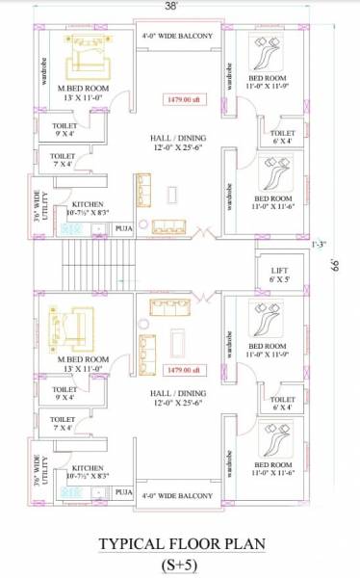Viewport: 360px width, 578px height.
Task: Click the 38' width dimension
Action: point(171,7)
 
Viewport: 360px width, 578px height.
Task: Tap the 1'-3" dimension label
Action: point(333,244)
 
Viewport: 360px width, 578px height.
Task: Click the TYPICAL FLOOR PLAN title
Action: point(179,545)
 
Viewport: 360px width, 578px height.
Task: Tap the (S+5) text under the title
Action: point(179,565)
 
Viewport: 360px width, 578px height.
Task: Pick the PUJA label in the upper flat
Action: point(123,228)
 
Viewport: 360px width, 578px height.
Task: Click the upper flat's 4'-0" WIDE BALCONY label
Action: point(177,36)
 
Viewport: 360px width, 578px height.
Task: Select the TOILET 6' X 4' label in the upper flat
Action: point(283,138)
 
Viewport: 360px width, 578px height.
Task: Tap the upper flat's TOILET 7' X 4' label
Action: point(62,160)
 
